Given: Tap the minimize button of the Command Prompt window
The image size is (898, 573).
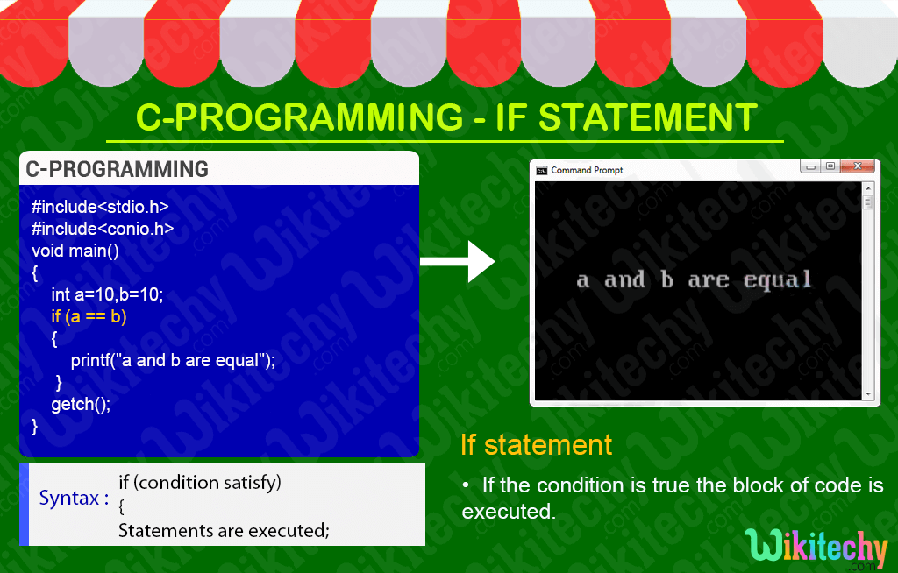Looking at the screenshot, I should click(810, 166).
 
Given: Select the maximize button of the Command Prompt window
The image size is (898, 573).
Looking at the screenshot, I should click(830, 166).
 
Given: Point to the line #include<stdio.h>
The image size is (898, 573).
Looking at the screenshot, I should click(100, 207).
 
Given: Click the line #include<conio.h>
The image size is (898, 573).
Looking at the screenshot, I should click(103, 229).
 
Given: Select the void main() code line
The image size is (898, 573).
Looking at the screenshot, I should click(75, 251).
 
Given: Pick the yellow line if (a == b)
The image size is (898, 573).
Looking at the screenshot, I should click(89, 316).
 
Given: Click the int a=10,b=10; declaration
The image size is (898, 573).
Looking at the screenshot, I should click(107, 294).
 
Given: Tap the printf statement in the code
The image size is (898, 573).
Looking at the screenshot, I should click(173, 360).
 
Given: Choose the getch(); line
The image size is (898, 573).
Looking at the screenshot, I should click(81, 404).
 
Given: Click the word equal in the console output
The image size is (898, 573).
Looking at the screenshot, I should click(777, 280).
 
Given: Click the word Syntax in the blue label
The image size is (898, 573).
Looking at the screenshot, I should click(68, 498).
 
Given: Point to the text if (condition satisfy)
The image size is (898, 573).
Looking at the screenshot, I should click(200, 482).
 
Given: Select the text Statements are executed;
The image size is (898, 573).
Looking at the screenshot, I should click(224, 530).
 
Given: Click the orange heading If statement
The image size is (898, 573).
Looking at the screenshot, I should click(537, 444).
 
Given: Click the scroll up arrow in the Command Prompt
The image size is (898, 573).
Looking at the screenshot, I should click(868, 187).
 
